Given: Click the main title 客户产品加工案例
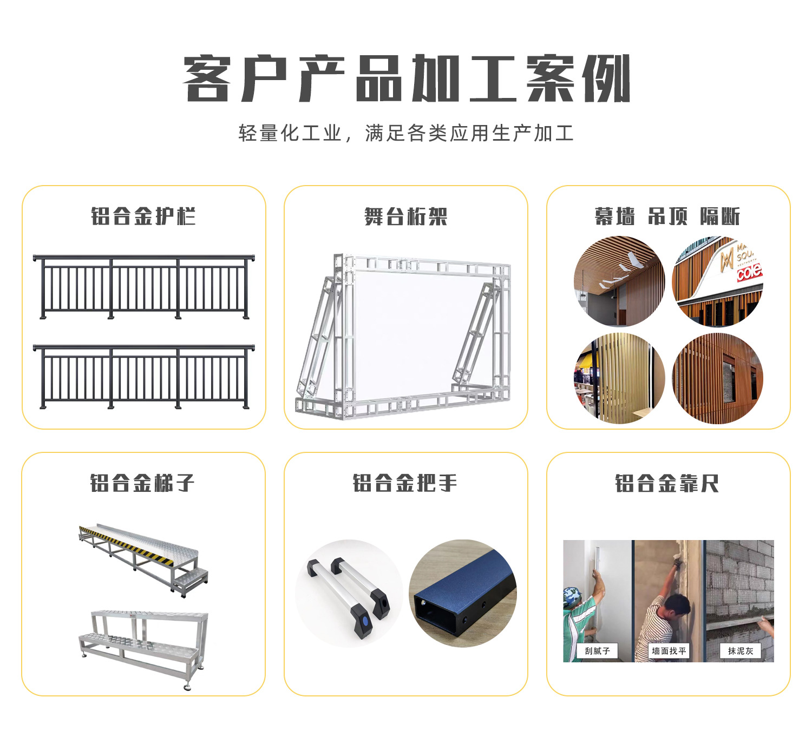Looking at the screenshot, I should point(406,79).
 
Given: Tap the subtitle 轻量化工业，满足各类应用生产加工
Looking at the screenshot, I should point(406,133).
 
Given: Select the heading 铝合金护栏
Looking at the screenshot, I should point(143,216).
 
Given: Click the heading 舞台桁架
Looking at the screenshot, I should point(406,216).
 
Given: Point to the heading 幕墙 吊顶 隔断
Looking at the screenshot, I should point(667,216).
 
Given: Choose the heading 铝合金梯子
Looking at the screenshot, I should point(142,483).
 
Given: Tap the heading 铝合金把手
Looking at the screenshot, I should point(405,483).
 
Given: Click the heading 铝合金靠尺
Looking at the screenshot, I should point(667,483).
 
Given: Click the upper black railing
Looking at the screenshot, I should point(143,287).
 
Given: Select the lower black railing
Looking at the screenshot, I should point(143,377).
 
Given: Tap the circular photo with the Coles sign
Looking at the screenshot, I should point(717,281).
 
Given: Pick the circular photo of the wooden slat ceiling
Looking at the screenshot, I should point(619,281).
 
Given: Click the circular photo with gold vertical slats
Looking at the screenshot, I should point(619,378).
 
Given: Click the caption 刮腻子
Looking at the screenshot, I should point(597,651).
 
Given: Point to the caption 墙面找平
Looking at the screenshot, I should point(669,651).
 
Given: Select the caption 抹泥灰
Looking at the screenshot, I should point(740,651).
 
